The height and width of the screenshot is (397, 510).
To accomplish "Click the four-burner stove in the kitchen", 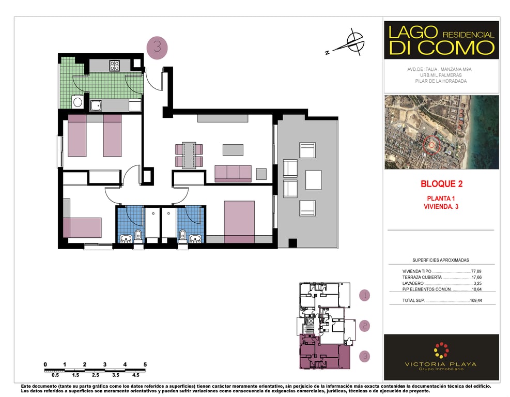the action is point(115,66).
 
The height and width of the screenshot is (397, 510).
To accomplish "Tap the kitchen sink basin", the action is point(96,105).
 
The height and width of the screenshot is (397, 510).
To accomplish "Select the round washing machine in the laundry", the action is point(78,102).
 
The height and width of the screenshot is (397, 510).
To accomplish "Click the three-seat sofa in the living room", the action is point(233,174).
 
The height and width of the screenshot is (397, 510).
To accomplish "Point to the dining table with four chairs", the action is point(189,155).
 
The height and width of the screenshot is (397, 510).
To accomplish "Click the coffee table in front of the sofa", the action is point(233,150).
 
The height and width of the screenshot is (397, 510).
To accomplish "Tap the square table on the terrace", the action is point(313,180).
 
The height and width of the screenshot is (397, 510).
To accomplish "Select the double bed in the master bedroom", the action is point(239,222).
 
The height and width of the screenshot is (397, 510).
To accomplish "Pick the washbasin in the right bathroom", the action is point(195,239).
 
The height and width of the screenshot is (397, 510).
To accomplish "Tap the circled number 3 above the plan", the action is point(157,48).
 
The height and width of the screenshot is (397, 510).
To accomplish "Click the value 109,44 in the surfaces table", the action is point(476,300).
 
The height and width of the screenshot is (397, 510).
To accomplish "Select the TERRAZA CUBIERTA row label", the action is point(422,277).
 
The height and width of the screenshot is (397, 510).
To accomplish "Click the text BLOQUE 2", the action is point(441,184).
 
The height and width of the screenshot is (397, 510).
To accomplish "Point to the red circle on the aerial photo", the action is point(431,145).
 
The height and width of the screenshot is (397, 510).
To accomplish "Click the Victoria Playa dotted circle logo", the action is point(441,350).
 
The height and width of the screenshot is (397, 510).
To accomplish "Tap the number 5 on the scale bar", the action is point(145,364).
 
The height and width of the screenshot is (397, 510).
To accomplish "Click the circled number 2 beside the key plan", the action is point(365,326).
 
